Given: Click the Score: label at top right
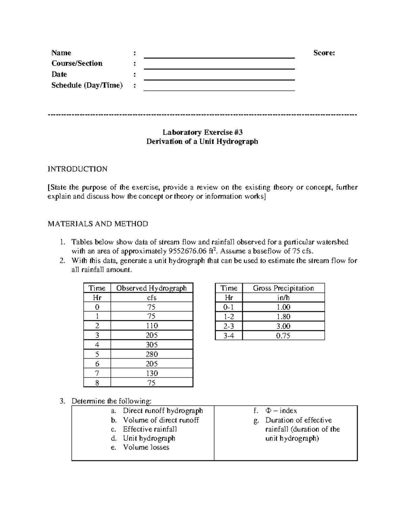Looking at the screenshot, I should [324, 53].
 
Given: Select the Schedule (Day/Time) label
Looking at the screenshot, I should [87, 85].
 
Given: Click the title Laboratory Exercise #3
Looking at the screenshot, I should [202, 132].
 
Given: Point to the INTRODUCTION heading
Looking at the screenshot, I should [78, 169].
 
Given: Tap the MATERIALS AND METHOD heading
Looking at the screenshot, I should [98, 224].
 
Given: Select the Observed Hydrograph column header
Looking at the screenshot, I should [151, 288].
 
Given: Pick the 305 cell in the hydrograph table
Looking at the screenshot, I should [152, 345].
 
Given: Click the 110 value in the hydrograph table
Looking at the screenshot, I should [152, 326].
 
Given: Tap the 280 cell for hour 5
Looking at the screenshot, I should [152, 354].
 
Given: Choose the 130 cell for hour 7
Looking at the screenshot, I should [152, 373].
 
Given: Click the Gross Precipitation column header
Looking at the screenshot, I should [283, 288].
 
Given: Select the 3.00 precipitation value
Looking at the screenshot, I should [283, 326].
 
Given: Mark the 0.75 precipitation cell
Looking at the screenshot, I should [283, 336].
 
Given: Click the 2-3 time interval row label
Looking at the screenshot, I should [229, 326].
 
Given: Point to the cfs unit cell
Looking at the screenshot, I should [152, 298].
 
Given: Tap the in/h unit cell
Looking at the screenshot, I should [283, 298].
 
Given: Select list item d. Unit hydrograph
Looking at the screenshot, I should [148, 438].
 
